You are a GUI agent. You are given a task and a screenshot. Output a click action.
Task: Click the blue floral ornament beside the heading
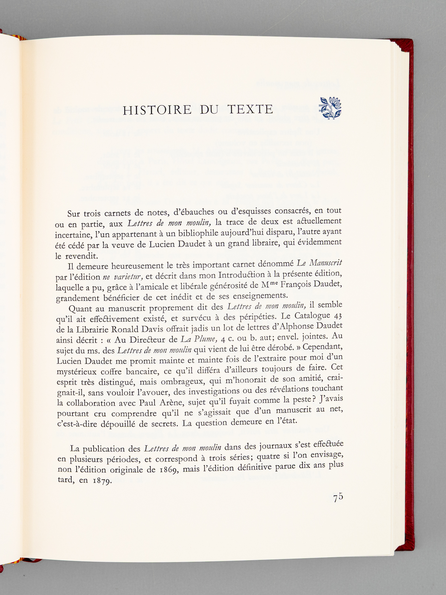[x=330, y=109]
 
